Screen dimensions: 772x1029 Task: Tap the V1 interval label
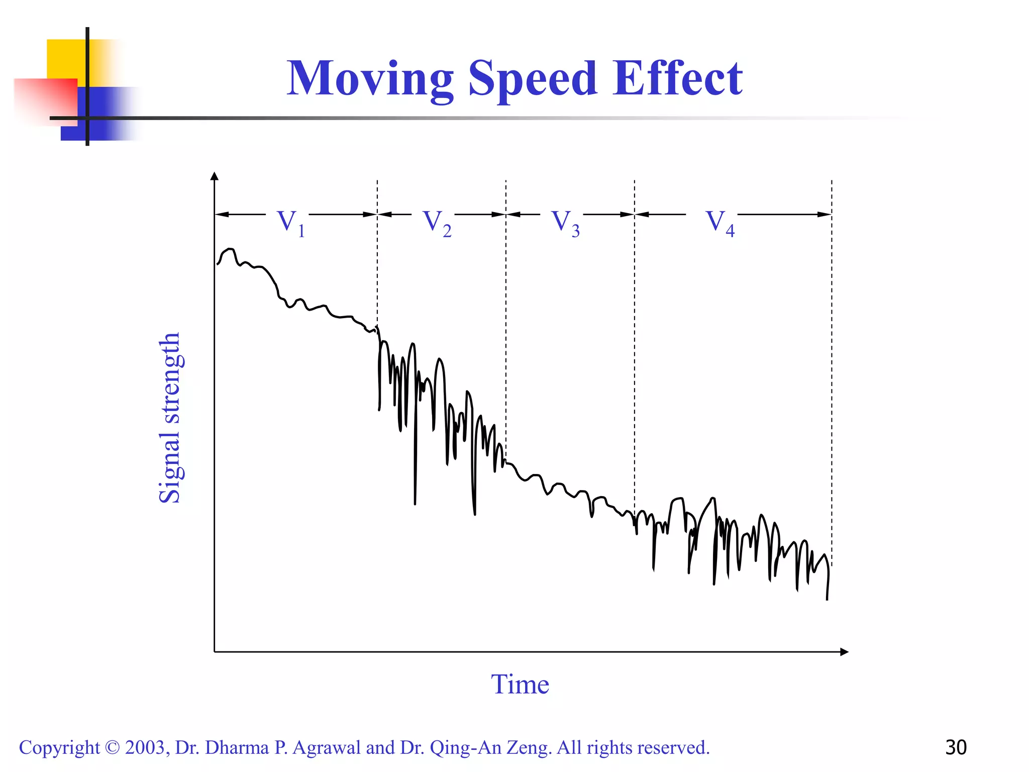coord(290,222)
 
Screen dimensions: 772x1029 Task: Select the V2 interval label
coord(436,222)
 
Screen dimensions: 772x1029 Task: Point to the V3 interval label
coord(565,222)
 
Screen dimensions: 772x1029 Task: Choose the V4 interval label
coord(719,222)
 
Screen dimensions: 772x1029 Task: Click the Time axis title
coord(520,685)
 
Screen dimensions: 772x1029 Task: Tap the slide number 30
coord(956,747)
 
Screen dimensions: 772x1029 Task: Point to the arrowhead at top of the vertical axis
coord(215,176)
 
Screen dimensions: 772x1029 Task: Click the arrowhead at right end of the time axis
coord(844,652)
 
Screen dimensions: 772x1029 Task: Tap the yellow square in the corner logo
coord(65,58)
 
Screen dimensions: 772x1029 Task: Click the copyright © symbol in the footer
coord(113,747)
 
